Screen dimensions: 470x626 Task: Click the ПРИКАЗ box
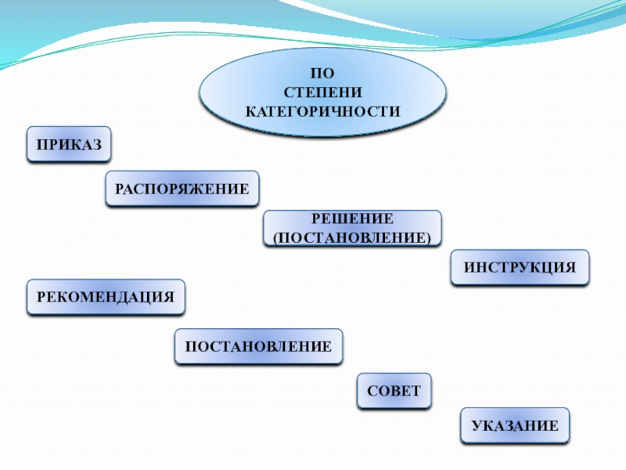[x=69, y=144]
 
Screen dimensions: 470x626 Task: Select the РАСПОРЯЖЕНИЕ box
[x=182, y=189]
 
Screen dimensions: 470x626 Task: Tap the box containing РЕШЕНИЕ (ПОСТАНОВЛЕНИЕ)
[x=351, y=228]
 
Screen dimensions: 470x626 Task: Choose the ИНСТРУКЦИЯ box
[x=520, y=268]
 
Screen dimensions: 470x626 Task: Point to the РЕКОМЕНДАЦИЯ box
[x=106, y=298]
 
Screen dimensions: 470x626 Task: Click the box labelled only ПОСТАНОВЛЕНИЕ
[x=258, y=346]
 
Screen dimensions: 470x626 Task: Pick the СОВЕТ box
[x=394, y=391]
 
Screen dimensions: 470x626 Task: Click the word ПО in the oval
[x=322, y=76]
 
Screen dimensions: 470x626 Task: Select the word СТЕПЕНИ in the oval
[x=322, y=93]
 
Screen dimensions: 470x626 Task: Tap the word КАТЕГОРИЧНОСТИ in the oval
[x=322, y=111]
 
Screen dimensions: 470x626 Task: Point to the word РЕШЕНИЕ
[x=352, y=219]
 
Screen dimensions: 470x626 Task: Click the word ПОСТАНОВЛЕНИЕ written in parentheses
[x=351, y=237]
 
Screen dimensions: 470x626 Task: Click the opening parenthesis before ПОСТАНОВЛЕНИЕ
[x=275, y=237]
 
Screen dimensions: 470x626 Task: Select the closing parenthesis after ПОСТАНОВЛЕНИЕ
[x=429, y=237]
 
